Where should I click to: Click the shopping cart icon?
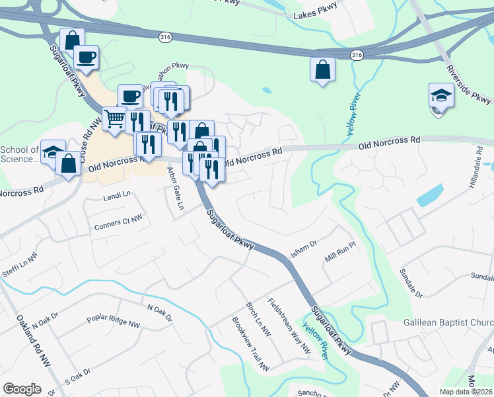pos(114,119)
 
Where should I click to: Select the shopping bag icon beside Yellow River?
pos(322,69)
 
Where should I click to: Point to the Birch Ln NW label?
pos(258,318)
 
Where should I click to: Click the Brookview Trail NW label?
pos(251,343)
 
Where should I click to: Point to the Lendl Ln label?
pos(118,197)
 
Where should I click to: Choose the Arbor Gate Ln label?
pos(174,189)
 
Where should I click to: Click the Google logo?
pos(22,388)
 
